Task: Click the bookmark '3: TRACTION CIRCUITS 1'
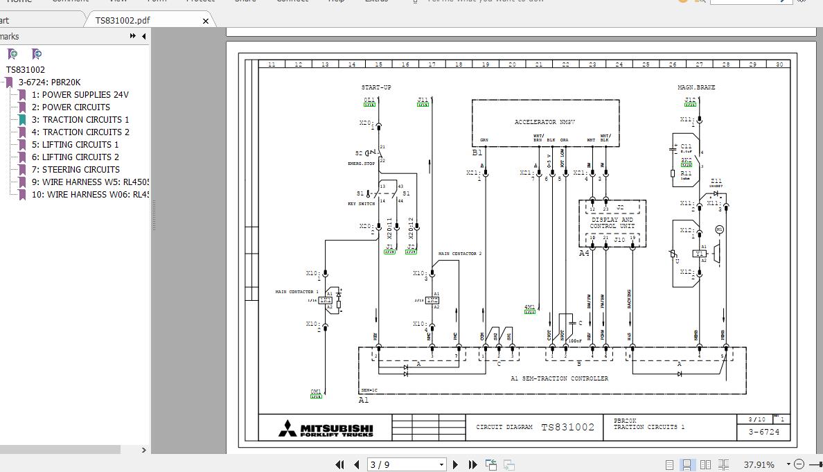85,119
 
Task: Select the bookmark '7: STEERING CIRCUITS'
80,169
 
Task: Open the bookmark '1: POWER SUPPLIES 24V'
85,94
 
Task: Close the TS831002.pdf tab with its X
205,21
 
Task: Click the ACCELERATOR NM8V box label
545,122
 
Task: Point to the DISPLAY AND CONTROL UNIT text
612,223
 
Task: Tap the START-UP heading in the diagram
376,87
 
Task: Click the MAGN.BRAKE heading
696,87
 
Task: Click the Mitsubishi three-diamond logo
287,428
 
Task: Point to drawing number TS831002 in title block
567,428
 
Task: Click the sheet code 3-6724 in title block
763,432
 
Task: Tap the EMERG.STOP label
361,164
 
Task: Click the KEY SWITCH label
361,204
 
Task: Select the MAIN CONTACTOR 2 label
459,254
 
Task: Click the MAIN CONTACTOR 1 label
297,292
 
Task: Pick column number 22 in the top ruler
565,64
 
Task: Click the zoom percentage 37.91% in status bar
759,464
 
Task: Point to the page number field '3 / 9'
406,464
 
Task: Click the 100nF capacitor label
574,341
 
